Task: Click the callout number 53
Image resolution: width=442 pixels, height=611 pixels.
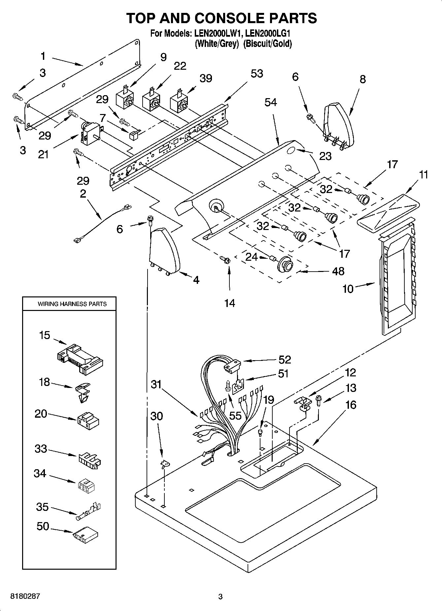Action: [256, 73]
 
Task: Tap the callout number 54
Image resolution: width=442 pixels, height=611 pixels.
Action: [270, 102]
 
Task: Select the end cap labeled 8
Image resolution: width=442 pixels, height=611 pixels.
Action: [338, 124]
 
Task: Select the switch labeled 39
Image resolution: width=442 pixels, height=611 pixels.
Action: [179, 102]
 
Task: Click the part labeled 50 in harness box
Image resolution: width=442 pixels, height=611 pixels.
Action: [86, 534]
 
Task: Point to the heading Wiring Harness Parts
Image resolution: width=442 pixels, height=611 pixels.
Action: [72, 304]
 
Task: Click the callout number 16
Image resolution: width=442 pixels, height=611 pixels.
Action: [351, 404]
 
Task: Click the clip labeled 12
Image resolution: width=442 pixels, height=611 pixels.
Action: [303, 404]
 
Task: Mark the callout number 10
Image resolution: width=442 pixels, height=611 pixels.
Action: [348, 289]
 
